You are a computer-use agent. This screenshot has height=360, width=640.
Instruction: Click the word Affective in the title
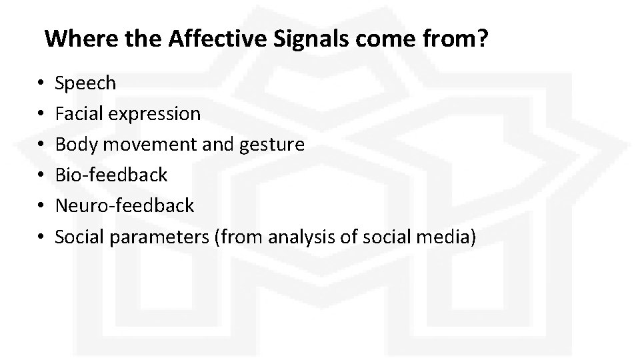pyautogui.click(x=218, y=39)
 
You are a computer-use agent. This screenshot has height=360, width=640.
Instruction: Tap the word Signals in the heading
pyautogui.click(x=311, y=39)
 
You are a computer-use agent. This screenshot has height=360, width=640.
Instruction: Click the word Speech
pyautogui.click(x=85, y=83)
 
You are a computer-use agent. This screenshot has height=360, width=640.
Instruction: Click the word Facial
pyautogui.click(x=75, y=114)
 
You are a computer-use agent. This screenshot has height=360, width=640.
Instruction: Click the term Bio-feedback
pyautogui.click(x=111, y=175)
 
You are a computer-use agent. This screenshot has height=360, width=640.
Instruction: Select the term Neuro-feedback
pyautogui.click(x=124, y=205)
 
